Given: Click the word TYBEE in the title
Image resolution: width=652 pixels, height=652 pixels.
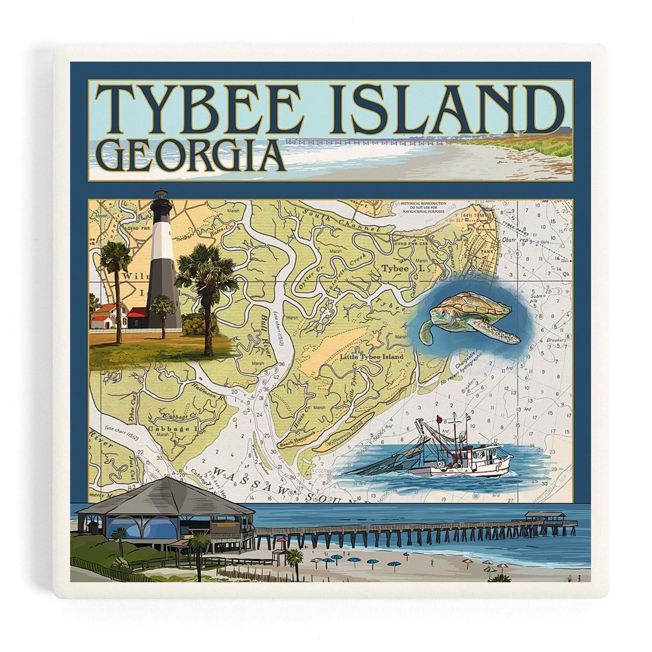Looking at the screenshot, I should pos(199,109).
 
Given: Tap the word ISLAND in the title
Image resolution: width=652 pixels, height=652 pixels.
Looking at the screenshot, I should pos(447,109).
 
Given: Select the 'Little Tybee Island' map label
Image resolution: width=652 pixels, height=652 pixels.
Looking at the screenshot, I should pos(371,357).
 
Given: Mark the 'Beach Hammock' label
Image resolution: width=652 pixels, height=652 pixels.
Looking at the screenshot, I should pos(296,439).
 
